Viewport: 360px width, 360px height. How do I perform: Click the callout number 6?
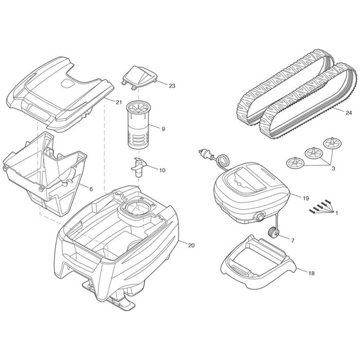pos(91,189)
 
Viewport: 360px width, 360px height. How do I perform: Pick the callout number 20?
pos(191,245)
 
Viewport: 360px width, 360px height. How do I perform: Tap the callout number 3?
pos(333,168)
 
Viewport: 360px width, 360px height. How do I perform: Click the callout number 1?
pos(337,212)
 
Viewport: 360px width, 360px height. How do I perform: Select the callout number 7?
pos(292,240)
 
